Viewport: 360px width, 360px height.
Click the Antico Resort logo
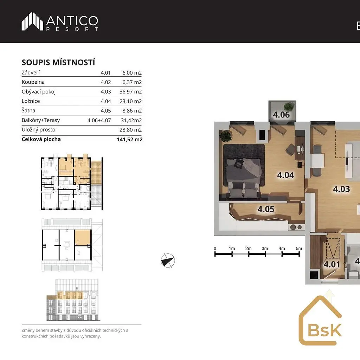[x=60, y=21]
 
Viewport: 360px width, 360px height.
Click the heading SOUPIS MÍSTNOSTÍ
[x=58, y=63]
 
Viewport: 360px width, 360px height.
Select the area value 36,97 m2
[x=130, y=92]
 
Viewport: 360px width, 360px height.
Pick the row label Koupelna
[x=33, y=82]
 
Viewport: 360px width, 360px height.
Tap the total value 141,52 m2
[x=130, y=139]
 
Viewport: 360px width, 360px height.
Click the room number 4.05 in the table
[x=105, y=111]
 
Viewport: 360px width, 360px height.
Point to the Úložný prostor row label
[x=39, y=130]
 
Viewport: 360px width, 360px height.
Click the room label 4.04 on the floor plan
[x=285, y=175]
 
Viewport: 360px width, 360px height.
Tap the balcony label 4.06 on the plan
[x=281, y=115]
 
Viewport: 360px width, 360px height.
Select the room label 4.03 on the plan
[x=341, y=189]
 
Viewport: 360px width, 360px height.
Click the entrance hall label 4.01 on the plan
[x=332, y=264]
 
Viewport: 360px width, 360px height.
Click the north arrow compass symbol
[x=168, y=261]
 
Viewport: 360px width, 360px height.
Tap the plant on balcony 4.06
[x=289, y=107]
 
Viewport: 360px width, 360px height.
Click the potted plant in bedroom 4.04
[x=226, y=135]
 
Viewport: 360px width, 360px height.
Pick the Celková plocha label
[x=41, y=139]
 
